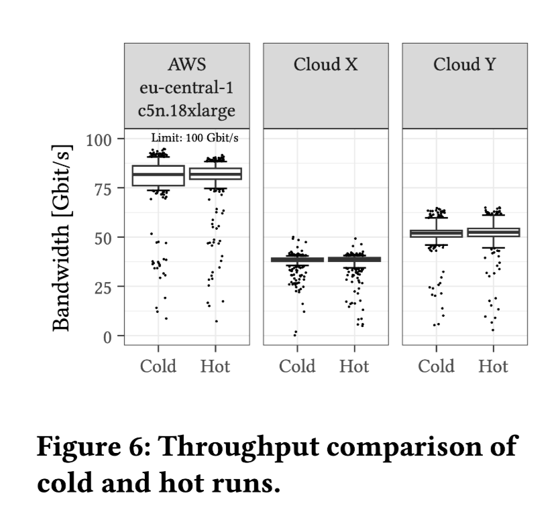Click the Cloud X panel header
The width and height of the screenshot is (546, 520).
click(x=325, y=65)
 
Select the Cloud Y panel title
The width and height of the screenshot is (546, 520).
click(x=465, y=65)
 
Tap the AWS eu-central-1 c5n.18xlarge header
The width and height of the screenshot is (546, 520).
click(x=186, y=87)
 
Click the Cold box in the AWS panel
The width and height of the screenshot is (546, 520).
click(x=158, y=176)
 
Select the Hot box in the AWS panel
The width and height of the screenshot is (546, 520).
click(x=215, y=174)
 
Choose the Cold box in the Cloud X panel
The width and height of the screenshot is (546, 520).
click(x=297, y=259)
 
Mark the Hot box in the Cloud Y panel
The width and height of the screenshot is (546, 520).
click(x=493, y=233)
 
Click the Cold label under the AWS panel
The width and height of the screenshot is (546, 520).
click(x=158, y=366)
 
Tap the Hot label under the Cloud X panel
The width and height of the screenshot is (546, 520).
click(x=354, y=366)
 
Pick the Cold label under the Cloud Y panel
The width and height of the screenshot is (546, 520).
click(x=436, y=366)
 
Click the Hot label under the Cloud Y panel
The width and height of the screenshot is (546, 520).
click(x=493, y=366)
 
